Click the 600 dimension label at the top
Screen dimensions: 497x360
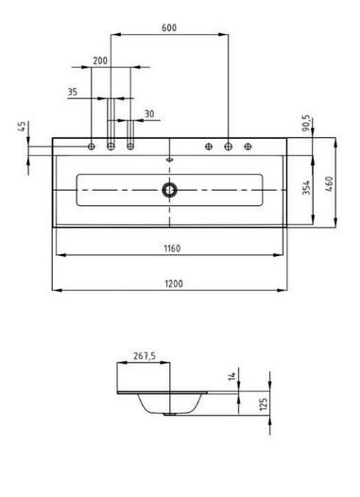pos(169,27)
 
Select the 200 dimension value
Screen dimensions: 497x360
pos(100,60)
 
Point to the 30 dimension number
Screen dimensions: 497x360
pos(148,113)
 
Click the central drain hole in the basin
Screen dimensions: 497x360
pos(170,189)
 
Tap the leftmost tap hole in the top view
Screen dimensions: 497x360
pos(92,146)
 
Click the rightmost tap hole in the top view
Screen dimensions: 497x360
pos(248,146)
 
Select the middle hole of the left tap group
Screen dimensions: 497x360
pos(111,146)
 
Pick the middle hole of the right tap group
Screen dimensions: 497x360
pos(228,146)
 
